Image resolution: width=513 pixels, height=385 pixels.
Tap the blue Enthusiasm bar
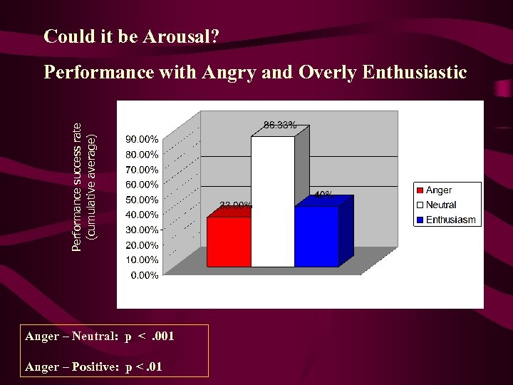pos(316,236)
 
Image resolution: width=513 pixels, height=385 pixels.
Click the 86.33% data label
pos(280,125)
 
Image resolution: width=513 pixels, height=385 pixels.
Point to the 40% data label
pos(322,194)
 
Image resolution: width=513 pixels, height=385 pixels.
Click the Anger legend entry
pos(439,190)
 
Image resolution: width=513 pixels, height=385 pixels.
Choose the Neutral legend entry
pos(441,205)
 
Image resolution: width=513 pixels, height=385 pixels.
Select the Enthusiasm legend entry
pos(450,220)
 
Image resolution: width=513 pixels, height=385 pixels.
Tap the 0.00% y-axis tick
pos(145,275)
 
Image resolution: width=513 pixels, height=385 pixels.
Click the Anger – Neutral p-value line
pos(100,336)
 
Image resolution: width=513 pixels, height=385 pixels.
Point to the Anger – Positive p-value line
pos(93,367)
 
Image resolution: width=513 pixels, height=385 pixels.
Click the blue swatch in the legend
pos(420,220)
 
